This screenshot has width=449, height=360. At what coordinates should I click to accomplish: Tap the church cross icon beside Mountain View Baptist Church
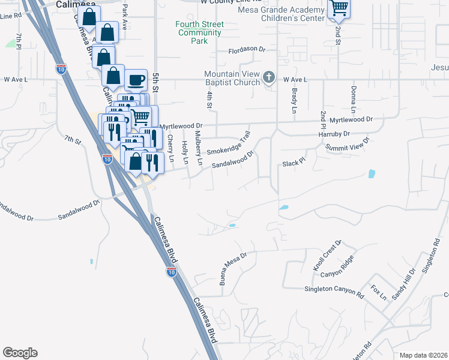(x=268, y=77)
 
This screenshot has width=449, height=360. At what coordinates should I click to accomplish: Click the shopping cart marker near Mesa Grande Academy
(x=338, y=8)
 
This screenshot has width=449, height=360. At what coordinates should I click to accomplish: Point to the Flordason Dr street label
(x=246, y=49)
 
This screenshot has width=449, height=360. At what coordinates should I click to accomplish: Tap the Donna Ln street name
(x=353, y=100)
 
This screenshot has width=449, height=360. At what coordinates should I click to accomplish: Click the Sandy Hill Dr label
(x=403, y=283)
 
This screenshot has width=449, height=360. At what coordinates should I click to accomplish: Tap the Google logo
(x=20, y=353)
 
